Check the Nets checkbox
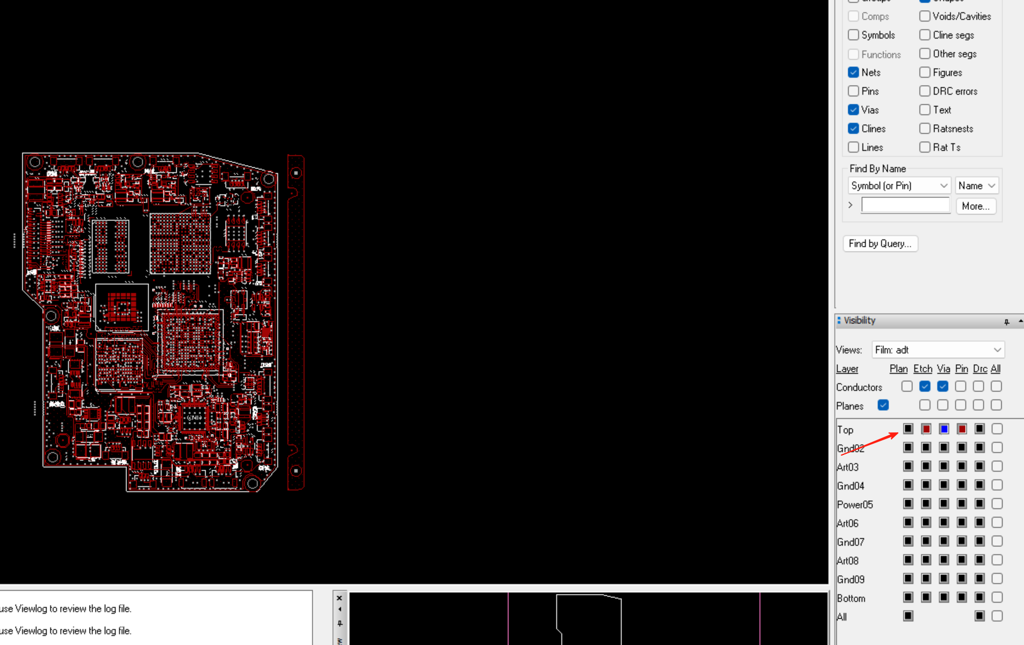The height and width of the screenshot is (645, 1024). [x=853, y=73]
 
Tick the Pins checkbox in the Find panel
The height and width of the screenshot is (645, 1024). [x=853, y=91]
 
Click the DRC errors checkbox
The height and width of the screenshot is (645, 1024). [x=925, y=91]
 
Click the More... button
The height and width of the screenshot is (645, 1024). [x=975, y=206]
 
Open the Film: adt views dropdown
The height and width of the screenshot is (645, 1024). [x=938, y=350]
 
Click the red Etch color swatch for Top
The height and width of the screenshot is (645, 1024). [x=926, y=429]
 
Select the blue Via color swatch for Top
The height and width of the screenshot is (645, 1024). [x=944, y=429]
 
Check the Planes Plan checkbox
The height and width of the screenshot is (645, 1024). [x=883, y=405]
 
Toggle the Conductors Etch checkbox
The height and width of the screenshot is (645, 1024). [x=925, y=386]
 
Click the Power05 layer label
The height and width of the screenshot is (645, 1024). [x=854, y=504]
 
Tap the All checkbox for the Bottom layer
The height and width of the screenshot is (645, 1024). [x=997, y=597]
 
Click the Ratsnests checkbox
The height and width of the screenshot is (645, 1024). [x=925, y=129]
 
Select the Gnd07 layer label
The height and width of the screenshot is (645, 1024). [x=850, y=542]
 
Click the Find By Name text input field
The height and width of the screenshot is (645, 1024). [x=905, y=205]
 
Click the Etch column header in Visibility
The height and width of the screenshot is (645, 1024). [x=923, y=369]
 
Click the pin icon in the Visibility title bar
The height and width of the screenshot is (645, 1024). [x=1006, y=322]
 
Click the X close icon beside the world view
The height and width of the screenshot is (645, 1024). [x=339, y=598]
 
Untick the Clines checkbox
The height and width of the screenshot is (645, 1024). [x=853, y=129]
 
